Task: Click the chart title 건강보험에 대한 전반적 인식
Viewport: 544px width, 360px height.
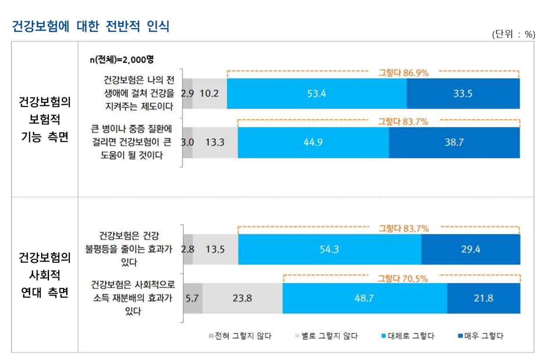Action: (x=90, y=26)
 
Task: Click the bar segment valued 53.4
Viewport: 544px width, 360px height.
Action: (x=316, y=93)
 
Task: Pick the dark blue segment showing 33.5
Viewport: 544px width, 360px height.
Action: (x=463, y=93)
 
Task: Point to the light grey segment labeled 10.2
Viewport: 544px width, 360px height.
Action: (x=210, y=93)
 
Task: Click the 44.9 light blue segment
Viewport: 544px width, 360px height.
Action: (x=313, y=142)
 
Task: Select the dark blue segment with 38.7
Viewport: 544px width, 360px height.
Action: (x=454, y=142)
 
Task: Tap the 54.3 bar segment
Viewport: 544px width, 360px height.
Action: (x=329, y=249)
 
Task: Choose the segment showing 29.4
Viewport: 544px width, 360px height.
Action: (x=470, y=249)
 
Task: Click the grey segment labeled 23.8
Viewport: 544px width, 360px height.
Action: (x=242, y=298)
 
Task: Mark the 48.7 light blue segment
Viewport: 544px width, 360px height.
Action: (x=365, y=298)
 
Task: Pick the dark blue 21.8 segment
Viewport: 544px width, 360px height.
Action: (x=484, y=298)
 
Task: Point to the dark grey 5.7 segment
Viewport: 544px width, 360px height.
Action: (x=193, y=298)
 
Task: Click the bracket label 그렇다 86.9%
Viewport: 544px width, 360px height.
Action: (x=403, y=73)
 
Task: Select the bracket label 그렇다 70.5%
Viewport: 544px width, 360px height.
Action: (x=403, y=278)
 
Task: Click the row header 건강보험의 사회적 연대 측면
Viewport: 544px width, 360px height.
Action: (x=45, y=275)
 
